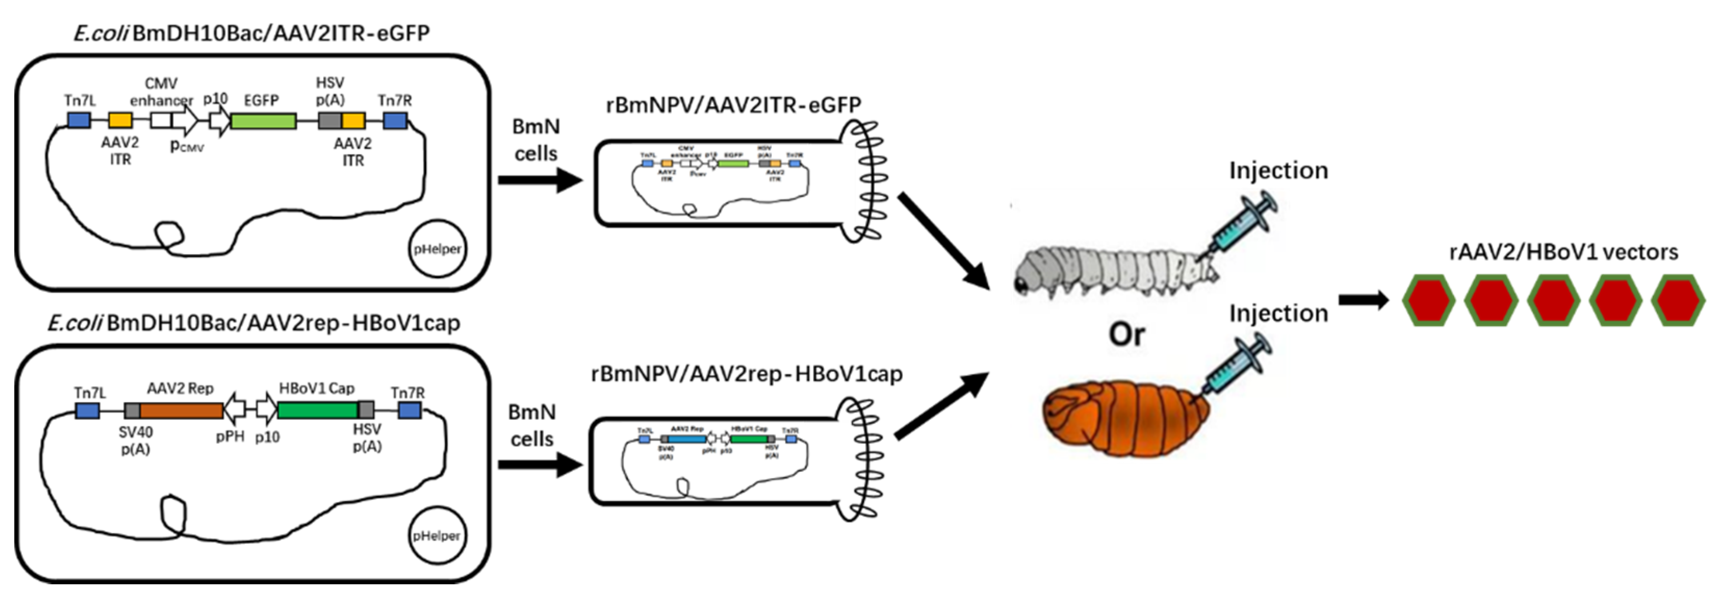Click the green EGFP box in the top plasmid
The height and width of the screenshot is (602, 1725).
pyautogui.click(x=263, y=121)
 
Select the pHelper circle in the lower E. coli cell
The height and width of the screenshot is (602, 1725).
pyautogui.click(x=437, y=536)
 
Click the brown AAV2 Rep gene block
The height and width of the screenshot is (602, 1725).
pyautogui.click(x=181, y=411)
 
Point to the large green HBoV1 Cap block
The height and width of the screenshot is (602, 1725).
pyautogui.click(x=317, y=410)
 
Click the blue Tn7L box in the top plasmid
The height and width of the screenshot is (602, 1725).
pyautogui.click(x=79, y=121)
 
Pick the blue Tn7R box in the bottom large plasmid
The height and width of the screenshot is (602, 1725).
pyautogui.click(x=409, y=411)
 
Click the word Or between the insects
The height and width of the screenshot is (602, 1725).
pyautogui.click(x=1127, y=334)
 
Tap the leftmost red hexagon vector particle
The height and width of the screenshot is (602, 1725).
pyautogui.click(x=1429, y=301)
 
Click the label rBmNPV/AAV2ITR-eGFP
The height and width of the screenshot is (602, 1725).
pyautogui.click(x=733, y=105)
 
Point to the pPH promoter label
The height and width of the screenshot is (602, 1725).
pyautogui.click(x=230, y=437)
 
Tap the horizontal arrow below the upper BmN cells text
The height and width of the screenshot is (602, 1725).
pyautogui.click(x=540, y=180)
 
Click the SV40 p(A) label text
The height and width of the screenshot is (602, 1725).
pyautogui.click(x=135, y=441)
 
